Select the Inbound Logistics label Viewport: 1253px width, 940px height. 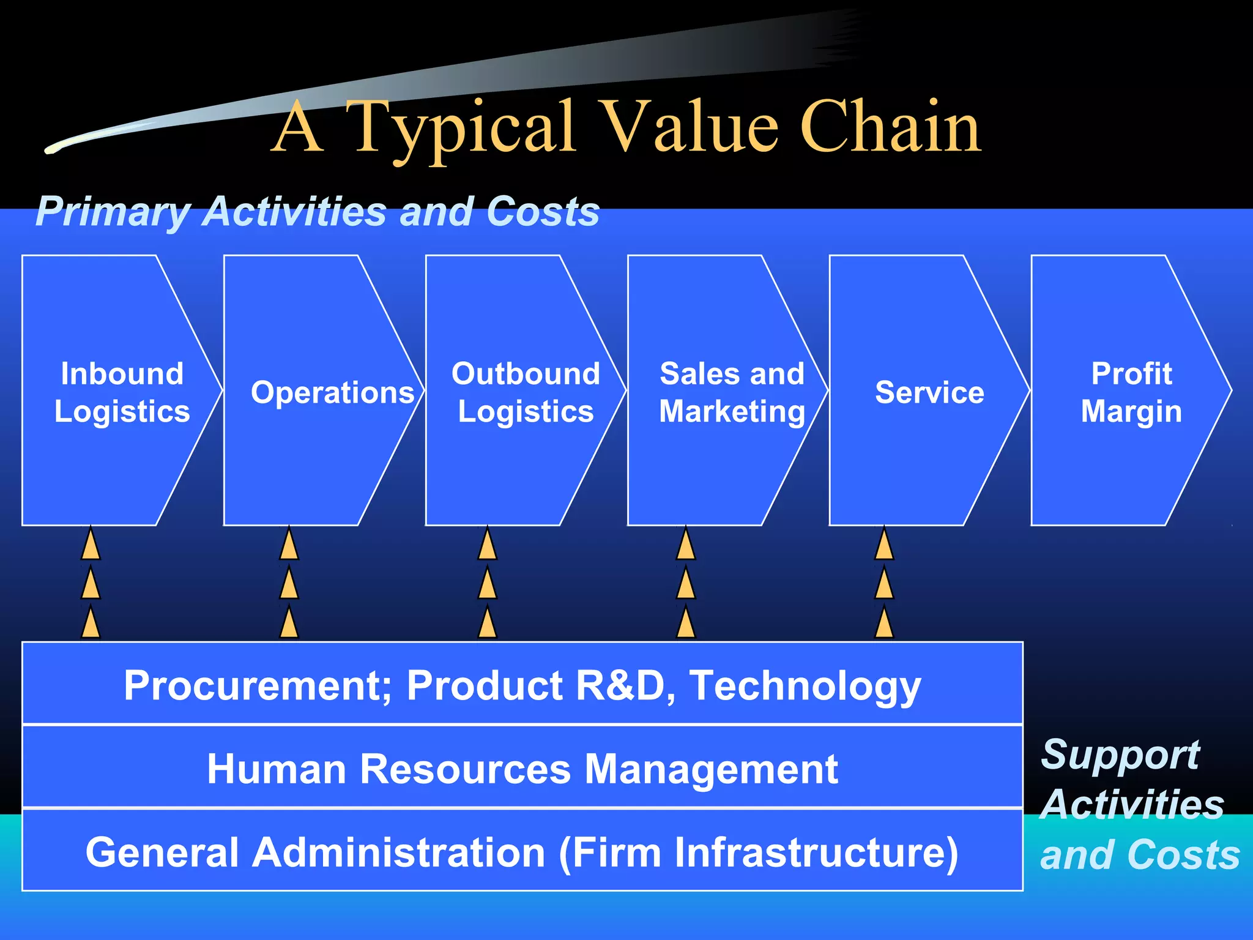click(122, 392)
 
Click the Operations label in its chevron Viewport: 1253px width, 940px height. click(332, 392)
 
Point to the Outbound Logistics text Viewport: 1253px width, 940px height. click(526, 392)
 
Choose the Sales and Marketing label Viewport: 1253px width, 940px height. click(732, 392)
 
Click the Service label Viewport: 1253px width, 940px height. click(929, 392)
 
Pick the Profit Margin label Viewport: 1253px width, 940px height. click(1131, 392)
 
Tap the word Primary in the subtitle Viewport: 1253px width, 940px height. click(113, 212)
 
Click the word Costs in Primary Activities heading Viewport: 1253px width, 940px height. click(543, 212)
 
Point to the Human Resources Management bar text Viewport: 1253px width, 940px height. click(522, 769)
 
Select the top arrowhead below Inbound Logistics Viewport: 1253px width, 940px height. click(91, 545)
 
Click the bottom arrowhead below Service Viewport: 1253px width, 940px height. click(884, 623)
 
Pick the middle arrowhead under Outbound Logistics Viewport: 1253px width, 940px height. click(487, 584)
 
